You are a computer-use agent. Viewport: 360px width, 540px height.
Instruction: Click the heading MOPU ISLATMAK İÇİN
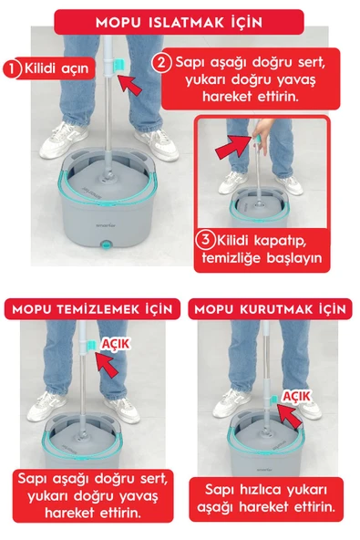click(x=180, y=19)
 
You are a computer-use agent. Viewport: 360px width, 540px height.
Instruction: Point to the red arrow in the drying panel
click(x=288, y=419)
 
